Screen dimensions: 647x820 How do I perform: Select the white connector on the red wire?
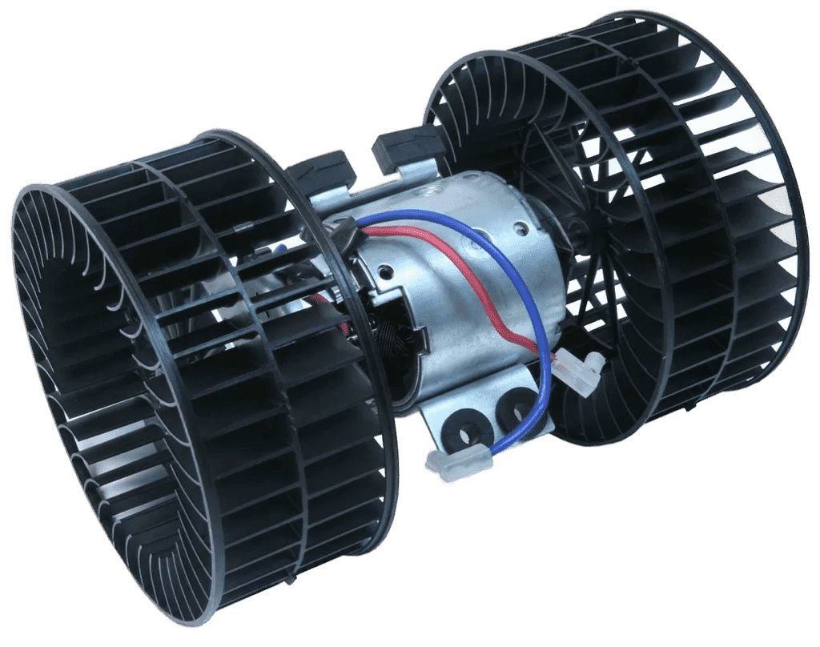click(583, 369)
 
